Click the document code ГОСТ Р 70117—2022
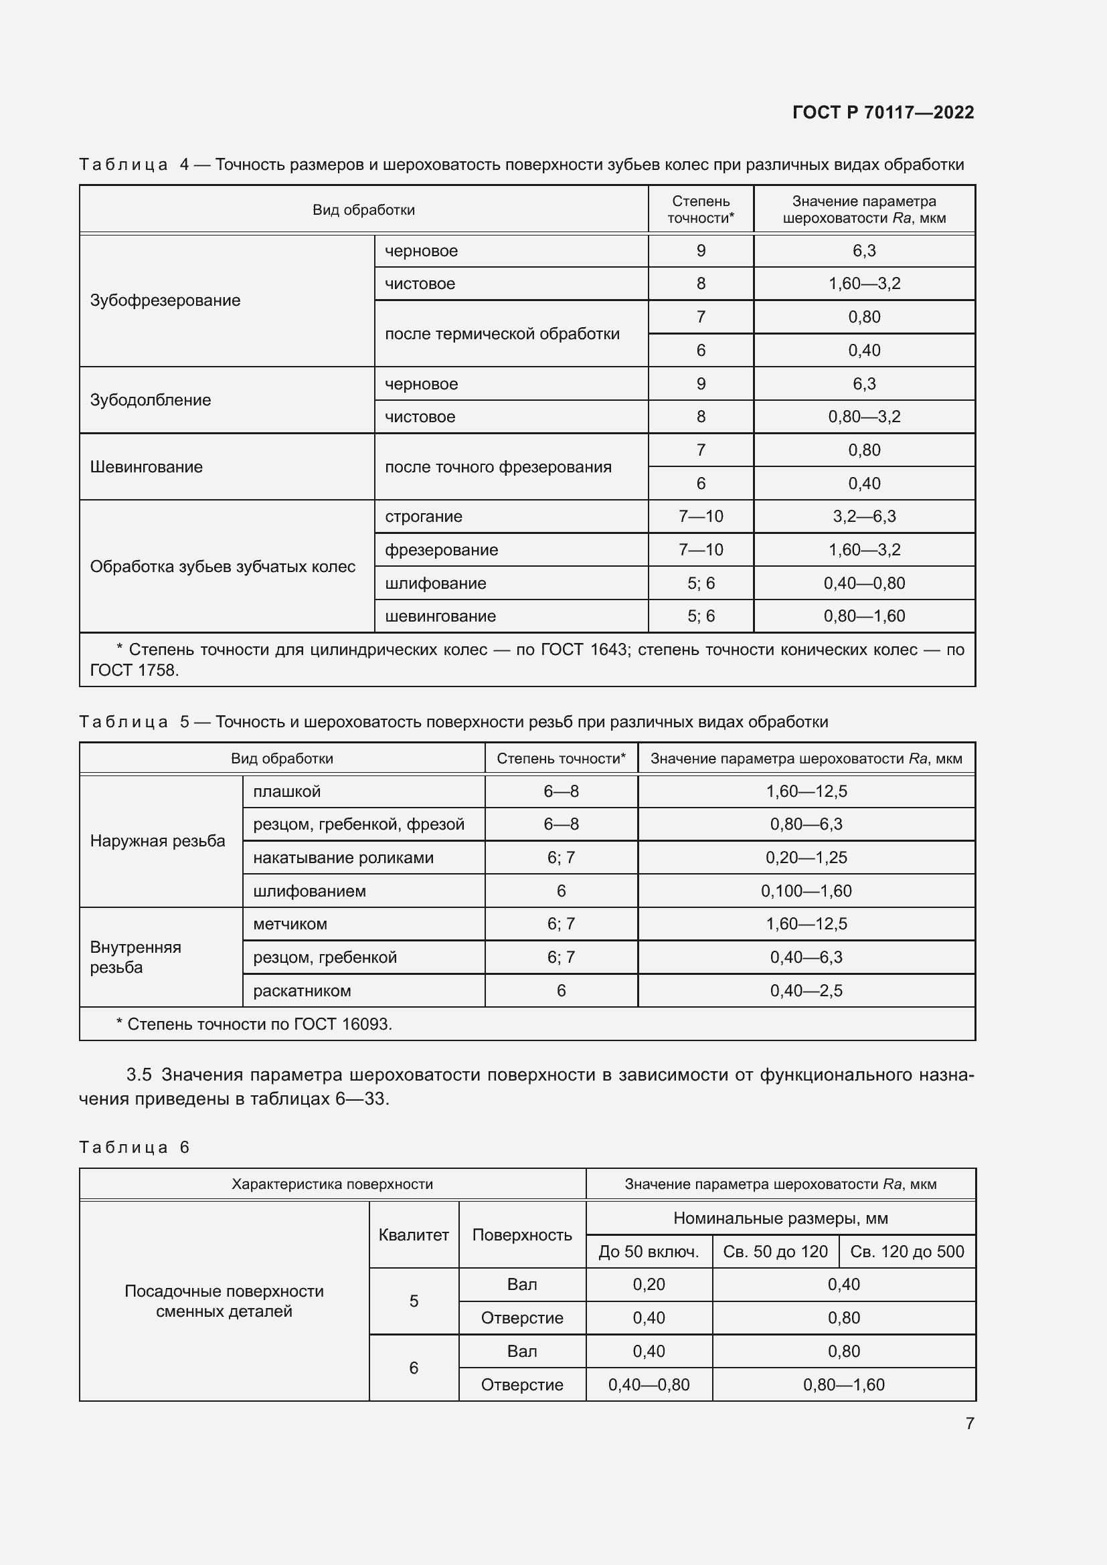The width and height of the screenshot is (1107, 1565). (x=883, y=112)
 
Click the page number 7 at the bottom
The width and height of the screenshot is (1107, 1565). (x=969, y=1423)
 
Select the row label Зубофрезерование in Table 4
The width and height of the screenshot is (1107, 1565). (x=165, y=300)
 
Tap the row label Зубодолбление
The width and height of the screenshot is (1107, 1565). (x=150, y=400)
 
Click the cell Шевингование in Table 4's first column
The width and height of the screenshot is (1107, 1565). (x=146, y=467)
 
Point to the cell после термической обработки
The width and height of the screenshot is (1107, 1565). (x=502, y=334)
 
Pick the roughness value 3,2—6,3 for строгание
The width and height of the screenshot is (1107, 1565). (x=863, y=517)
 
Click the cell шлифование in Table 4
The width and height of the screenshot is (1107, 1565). (x=435, y=583)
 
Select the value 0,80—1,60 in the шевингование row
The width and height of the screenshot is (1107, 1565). (x=863, y=616)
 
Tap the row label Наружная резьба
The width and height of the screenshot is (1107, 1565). (x=157, y=841)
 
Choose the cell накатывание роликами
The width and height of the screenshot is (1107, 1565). (x=343, y=858)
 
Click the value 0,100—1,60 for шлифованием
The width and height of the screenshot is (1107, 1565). (x=806, y=891)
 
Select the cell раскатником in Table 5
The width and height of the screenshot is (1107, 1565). (x=301, y=991)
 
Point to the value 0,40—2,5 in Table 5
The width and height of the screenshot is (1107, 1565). (x=806, y=991)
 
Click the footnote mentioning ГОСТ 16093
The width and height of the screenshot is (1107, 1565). (x=254, y=1024)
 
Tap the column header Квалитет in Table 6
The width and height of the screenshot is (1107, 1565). (x=413, y=1235)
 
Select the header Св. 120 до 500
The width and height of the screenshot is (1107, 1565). (x=907, y=1252)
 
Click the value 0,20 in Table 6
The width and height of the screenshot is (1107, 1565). (x=649, y=1285)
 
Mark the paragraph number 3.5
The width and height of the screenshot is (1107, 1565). (x=139, y=1075)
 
